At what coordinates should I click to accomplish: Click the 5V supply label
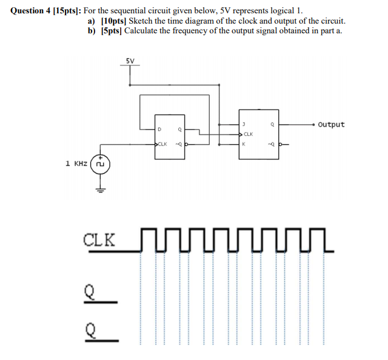click(x=130, y=61)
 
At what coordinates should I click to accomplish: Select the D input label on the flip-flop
click(x=159, y=129)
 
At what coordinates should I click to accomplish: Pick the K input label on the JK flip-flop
click(x=243, y=144)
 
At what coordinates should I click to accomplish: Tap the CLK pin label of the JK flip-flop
click(x=248, y=134)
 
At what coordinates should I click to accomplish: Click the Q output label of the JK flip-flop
click(x=273, y=124)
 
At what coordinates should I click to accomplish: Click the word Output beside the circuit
click(x=331, y=124)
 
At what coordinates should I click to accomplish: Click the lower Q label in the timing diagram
click(x=90, y=330)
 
